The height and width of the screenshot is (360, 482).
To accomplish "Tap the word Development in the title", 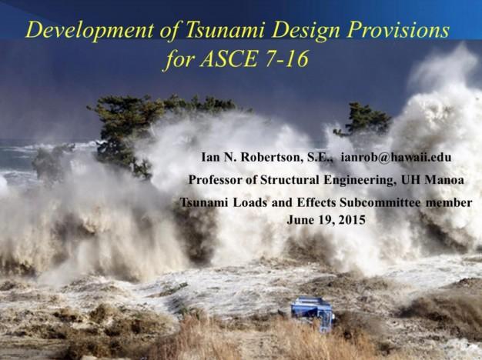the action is (x=89, y=31).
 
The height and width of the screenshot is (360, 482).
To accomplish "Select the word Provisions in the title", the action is (x=398, y=30).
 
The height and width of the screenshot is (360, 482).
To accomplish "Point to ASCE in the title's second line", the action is (x=229, y=58).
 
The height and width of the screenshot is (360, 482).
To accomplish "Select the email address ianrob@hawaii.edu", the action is (x=397, y=157).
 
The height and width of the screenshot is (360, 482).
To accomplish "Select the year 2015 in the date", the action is (x=353, y=220).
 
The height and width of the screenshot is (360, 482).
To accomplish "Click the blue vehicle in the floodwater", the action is (x=313, y=313).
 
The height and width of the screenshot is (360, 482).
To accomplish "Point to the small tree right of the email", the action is (x=363, y=121).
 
